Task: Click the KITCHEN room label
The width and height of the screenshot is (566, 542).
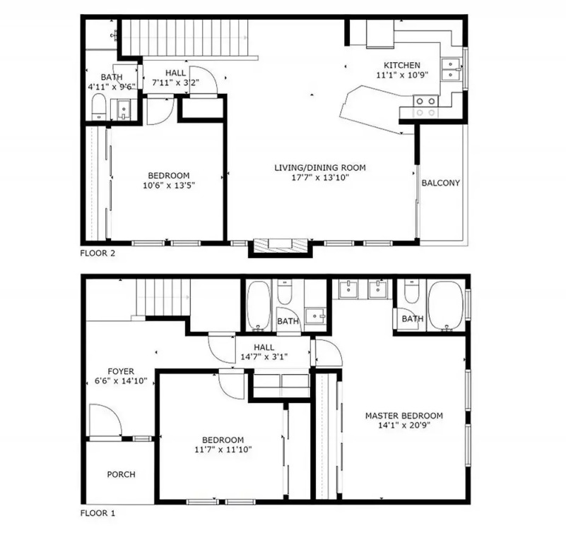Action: [x=402, y=65]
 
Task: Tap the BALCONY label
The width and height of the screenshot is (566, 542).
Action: [x=440, y=183]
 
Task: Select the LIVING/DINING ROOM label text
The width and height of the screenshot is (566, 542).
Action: [x=320, y=168]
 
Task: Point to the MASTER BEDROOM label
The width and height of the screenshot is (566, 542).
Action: [x=404, y=416]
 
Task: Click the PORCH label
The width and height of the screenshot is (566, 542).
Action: [x=121, y=474]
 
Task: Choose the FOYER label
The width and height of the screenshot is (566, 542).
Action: [x=121, y=371]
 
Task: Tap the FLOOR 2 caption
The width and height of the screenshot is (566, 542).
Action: [x=98, y=253]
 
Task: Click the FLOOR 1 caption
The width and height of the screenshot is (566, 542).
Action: [x=98, y=513]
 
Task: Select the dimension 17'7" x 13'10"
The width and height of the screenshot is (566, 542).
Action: [x=320, y=177]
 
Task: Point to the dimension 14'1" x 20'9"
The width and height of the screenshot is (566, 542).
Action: [x=404, y=425]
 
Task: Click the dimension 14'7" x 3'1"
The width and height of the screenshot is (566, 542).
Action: [x=264, y=357]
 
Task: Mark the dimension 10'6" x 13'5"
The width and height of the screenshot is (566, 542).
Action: [x=169, y=186]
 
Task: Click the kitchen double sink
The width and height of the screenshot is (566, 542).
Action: [x=452, y=69]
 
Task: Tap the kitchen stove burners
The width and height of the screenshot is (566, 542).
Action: [x=425, y=107]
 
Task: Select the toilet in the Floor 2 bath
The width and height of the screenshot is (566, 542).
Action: [x=98, y=107]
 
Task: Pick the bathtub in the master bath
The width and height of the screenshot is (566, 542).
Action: [x=445, y=306]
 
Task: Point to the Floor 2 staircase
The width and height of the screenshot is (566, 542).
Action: [x=184, y=37]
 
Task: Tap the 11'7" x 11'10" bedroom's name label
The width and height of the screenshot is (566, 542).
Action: [x=223, y=440]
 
